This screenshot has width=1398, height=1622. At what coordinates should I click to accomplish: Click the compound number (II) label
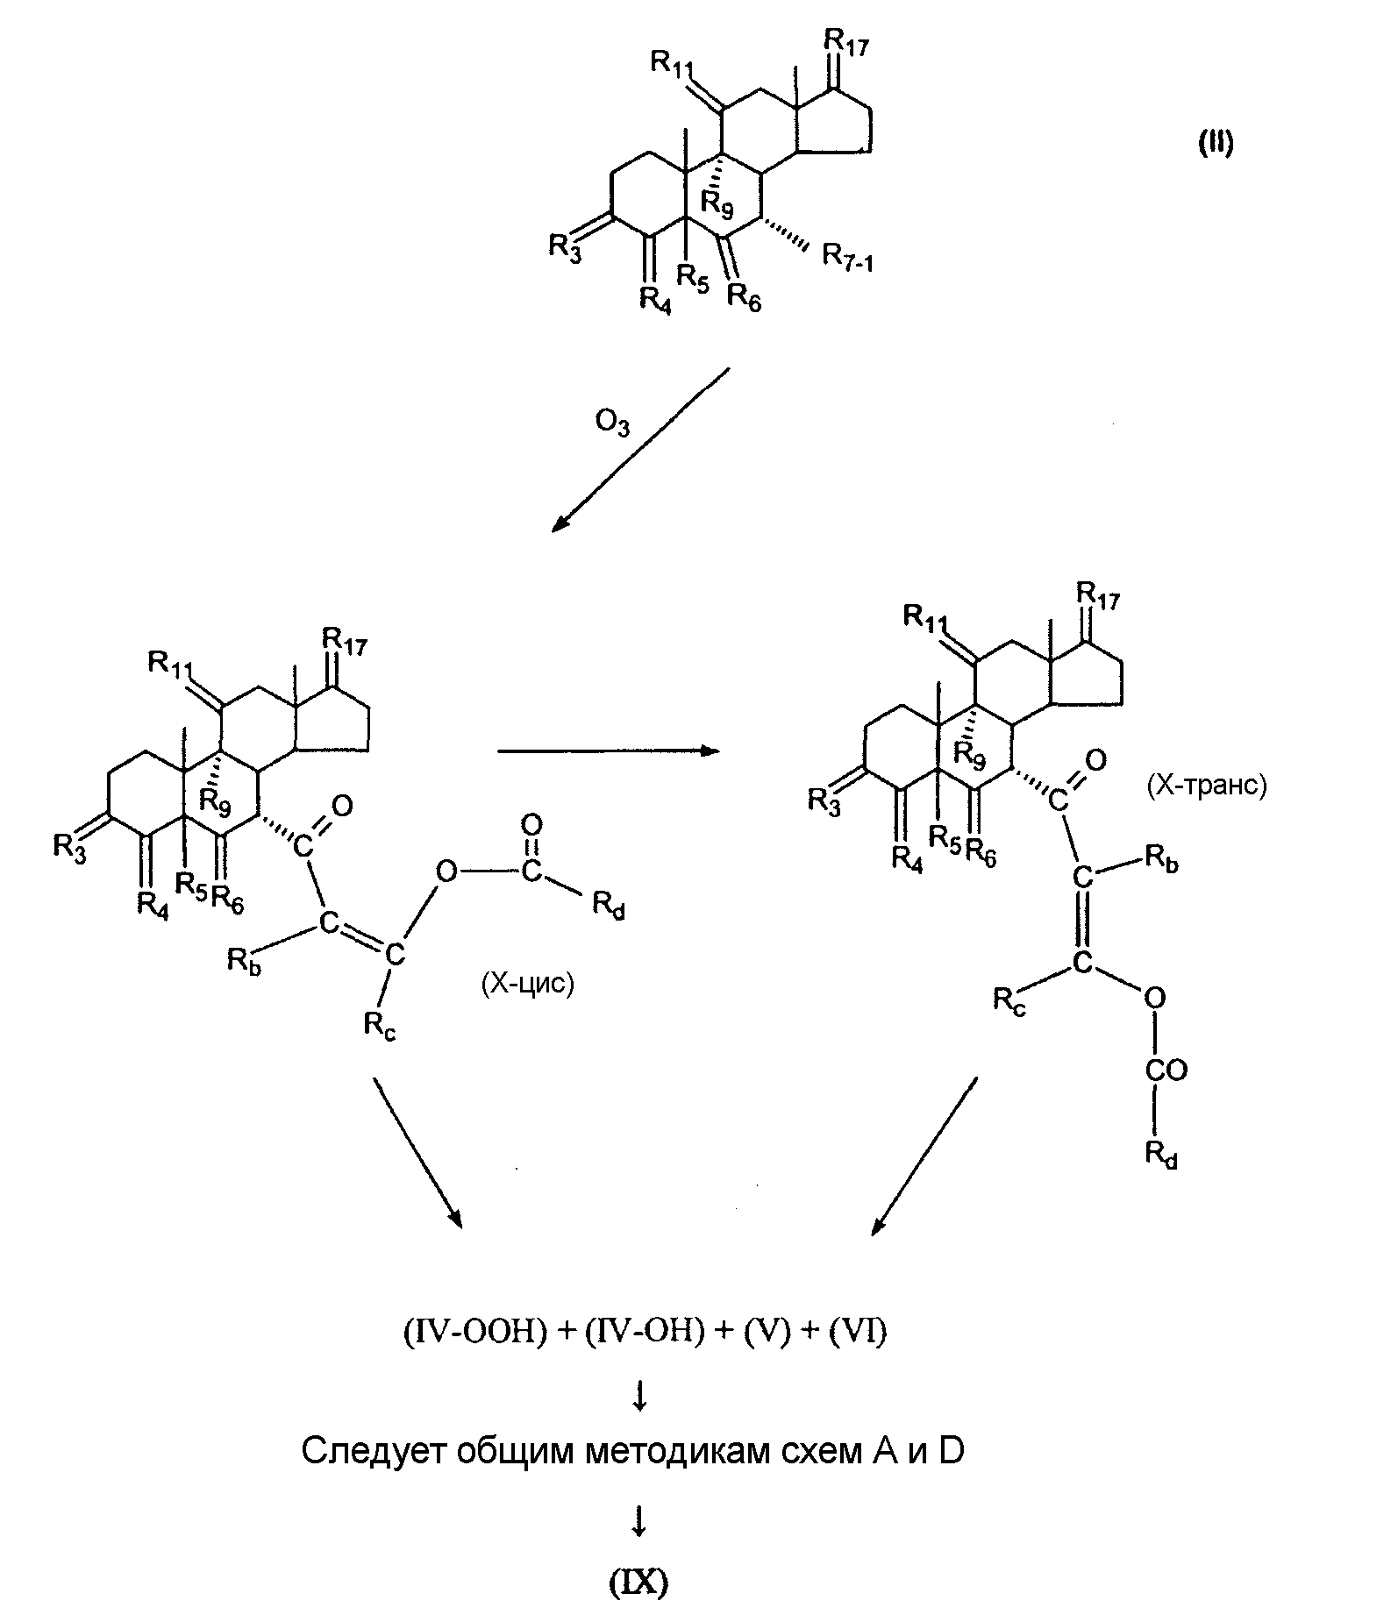(1216, 144)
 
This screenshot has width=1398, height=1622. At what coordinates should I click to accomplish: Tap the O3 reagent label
(612, 424)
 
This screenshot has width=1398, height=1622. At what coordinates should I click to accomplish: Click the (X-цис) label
(528, 985)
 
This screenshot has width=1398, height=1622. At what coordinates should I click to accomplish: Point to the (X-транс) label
(1206, 785)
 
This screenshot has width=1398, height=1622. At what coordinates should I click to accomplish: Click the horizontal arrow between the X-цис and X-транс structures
(608, 751)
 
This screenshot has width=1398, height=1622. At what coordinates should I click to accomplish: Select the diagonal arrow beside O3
(639, 450)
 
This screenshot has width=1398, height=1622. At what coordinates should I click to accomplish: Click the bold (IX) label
(638, 1583)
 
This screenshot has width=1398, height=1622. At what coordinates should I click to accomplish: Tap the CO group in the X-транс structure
(1166, 1070)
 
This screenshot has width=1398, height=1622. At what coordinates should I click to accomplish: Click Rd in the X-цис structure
(609, 905)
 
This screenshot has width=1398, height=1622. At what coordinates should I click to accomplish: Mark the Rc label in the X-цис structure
(380, 1026)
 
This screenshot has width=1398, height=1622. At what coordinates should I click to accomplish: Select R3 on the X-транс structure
(824, 801)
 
